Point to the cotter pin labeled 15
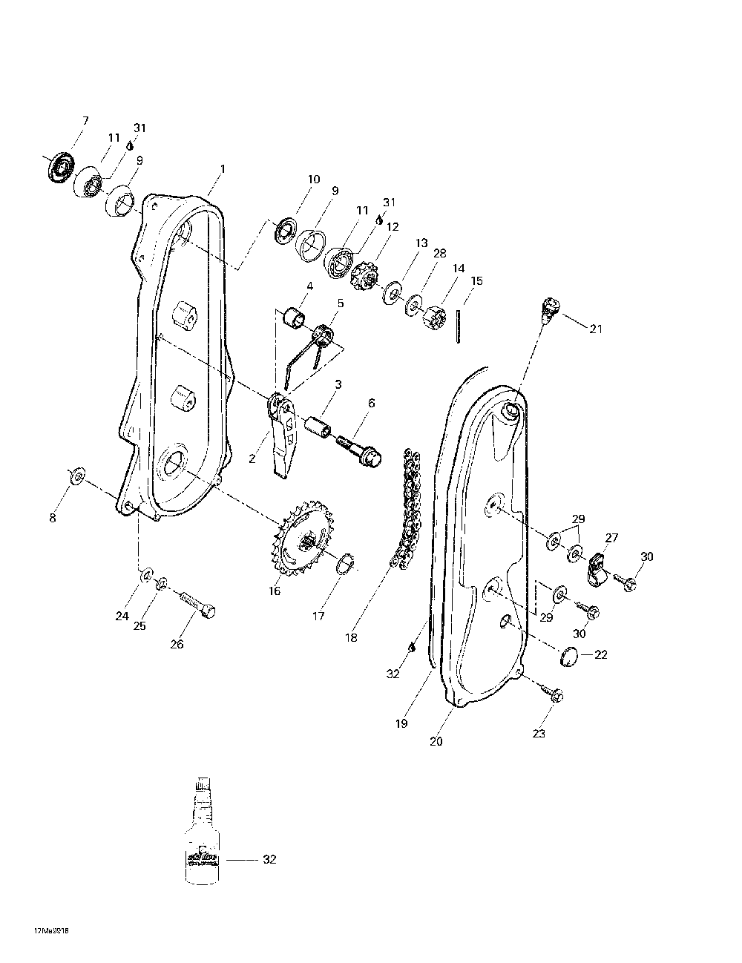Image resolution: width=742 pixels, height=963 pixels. [x=460, y=326]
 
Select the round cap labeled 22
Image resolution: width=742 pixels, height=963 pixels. [x=570, y=655]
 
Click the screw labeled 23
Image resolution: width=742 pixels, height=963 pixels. [x=553, y=694]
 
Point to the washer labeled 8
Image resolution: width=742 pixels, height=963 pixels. [x=76, y=476]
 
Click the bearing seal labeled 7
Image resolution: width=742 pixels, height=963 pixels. [x=60, y=167]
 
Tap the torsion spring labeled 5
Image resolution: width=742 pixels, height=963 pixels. [x=322, y=337]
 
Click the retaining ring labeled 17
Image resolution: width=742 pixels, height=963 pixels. [x=346, y=563]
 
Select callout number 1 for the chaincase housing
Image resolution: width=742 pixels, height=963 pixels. [x=223, y=169]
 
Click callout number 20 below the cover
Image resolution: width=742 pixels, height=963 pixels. [x=436, y=741]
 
